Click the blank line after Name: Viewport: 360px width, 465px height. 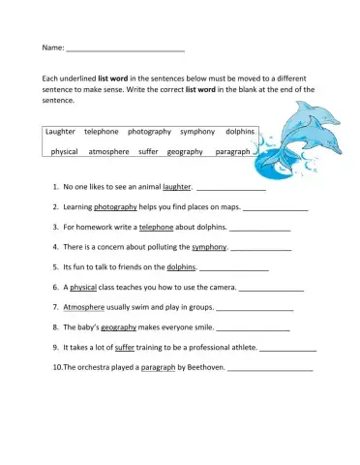tap(125, 48)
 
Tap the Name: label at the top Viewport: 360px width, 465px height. tap(53, 46)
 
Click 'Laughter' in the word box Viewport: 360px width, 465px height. tap(61, 132)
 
